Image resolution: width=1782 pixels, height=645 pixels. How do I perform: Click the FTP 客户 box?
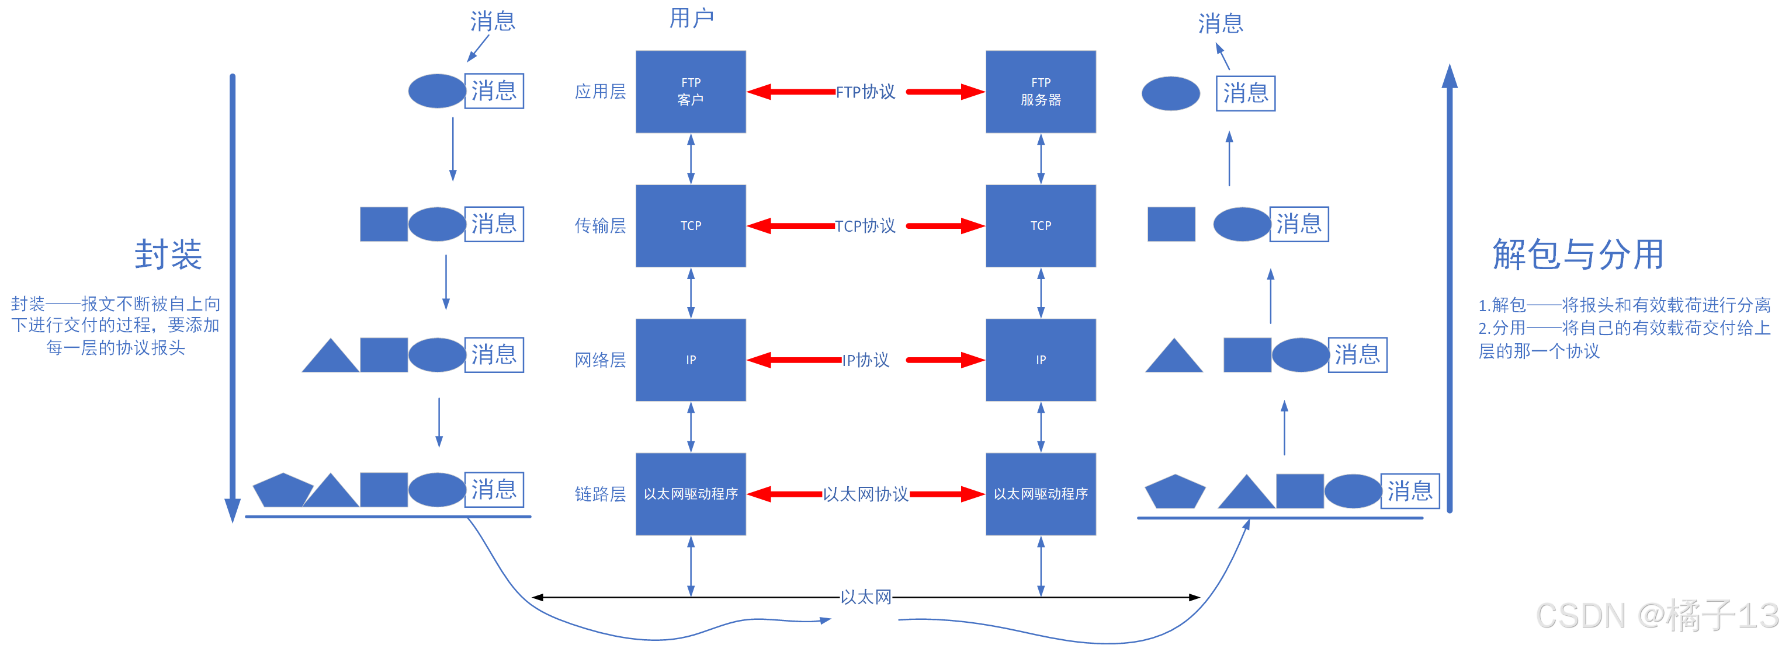click(x=691, y=91)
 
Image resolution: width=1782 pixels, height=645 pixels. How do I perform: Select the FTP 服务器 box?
click(x=1040, y=91)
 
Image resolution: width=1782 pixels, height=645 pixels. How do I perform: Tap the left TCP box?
click(x=691, y=225)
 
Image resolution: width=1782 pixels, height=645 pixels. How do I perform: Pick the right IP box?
click(x=1040, y=360)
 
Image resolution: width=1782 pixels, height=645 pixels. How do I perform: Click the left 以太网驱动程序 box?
click(x=691, y=494)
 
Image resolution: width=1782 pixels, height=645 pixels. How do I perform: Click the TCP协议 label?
click(x=865, y=226)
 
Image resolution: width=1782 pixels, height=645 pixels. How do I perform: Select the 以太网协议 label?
click(x=865, y=494)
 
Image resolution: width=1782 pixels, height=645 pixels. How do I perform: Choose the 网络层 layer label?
click(x=600, y=360)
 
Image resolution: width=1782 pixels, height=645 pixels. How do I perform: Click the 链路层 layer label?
click(x=600, y=494)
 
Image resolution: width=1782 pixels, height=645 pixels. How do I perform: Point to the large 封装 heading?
click(x=168, y=254)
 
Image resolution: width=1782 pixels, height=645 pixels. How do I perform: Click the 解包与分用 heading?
click(x=1578, y=254)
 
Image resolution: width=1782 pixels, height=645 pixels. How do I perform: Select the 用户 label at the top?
click(x=691, y=19)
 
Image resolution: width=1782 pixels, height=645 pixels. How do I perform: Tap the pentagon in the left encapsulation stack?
click(x=282, y=491)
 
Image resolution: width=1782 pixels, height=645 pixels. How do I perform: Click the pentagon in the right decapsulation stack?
click(x=1174, y=492)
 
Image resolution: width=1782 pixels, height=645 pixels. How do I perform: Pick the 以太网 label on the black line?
click(x=865, y=597)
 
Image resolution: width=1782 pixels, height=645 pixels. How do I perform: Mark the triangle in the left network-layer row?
click(x=331, y=357)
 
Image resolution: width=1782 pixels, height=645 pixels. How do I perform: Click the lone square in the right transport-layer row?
click(x=1170, y=224)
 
